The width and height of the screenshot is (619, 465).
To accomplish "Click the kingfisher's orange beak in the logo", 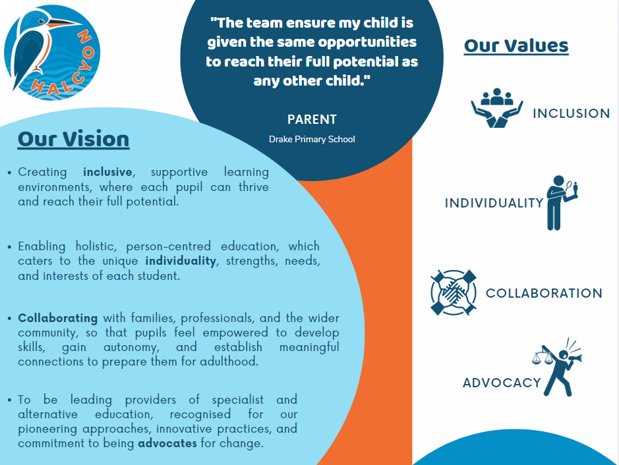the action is click(x=64, y=23).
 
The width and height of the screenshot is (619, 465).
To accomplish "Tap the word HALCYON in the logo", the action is click(x=65, y=67).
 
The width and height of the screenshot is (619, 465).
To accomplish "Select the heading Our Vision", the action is click(x=73, y=139).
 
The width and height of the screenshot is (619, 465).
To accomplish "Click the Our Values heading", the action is click(x=516, y=45).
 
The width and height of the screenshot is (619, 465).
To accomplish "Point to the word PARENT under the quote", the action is click(x=312, y=119).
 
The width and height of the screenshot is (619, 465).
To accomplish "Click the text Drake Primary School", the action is click(x=312, y=139).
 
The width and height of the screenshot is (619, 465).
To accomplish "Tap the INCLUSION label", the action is click(x=572, y=113).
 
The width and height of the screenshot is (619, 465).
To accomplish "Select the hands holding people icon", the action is click(x=496, y=108).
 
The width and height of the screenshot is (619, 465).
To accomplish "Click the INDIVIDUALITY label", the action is click(x=494, y=203).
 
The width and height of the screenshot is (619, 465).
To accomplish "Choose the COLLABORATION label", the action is click(x=544, y=293).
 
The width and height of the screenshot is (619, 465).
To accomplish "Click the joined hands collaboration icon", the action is click(x=454, y=292).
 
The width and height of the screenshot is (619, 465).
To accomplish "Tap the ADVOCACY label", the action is click(x=502, y=383).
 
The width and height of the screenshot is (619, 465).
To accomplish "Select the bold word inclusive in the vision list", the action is click(x=107, y=172).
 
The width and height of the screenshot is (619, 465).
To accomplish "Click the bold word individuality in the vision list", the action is click(x=181, y=261).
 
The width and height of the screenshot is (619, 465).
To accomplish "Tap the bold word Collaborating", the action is click(x=57, y=318).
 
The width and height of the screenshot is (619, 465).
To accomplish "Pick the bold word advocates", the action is click(x=167, y=443).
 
